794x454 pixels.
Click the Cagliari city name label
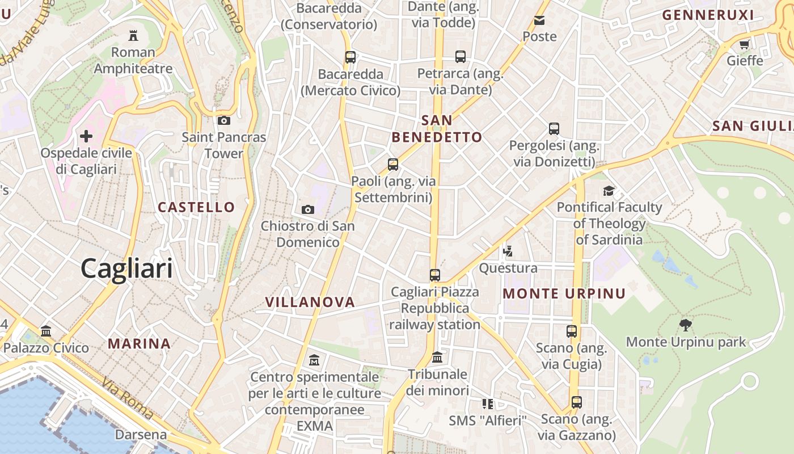(x=126, y=268)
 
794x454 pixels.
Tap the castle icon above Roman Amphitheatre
(x=133, y=36)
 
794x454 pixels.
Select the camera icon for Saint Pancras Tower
(x=224, y=120)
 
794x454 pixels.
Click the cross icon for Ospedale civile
(x=86, y=136)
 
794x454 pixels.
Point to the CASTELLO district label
(x=196, y=207)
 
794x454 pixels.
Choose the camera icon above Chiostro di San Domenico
(x=308, y=210)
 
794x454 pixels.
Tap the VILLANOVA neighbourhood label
(x=310, y=302)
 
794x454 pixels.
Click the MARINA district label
(x=140, y=343)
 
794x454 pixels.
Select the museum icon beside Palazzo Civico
(x=46, y=331)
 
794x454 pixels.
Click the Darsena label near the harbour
(x=141, y=435)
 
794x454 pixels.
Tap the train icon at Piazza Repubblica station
(x=435, y=275)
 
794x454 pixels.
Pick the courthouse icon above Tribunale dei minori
(x=437, y=358)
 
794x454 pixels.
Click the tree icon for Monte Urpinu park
(x=686, y=325)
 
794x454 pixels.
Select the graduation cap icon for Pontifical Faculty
(x=609, y=191)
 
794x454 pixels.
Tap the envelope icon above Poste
(x=539, y=20)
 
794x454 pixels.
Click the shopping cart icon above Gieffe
(x=745, y=44)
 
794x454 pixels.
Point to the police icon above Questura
(x=508, y=251)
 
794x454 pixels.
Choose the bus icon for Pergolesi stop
(x=554, y=129)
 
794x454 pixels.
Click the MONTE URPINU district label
(x=564, y=294)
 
